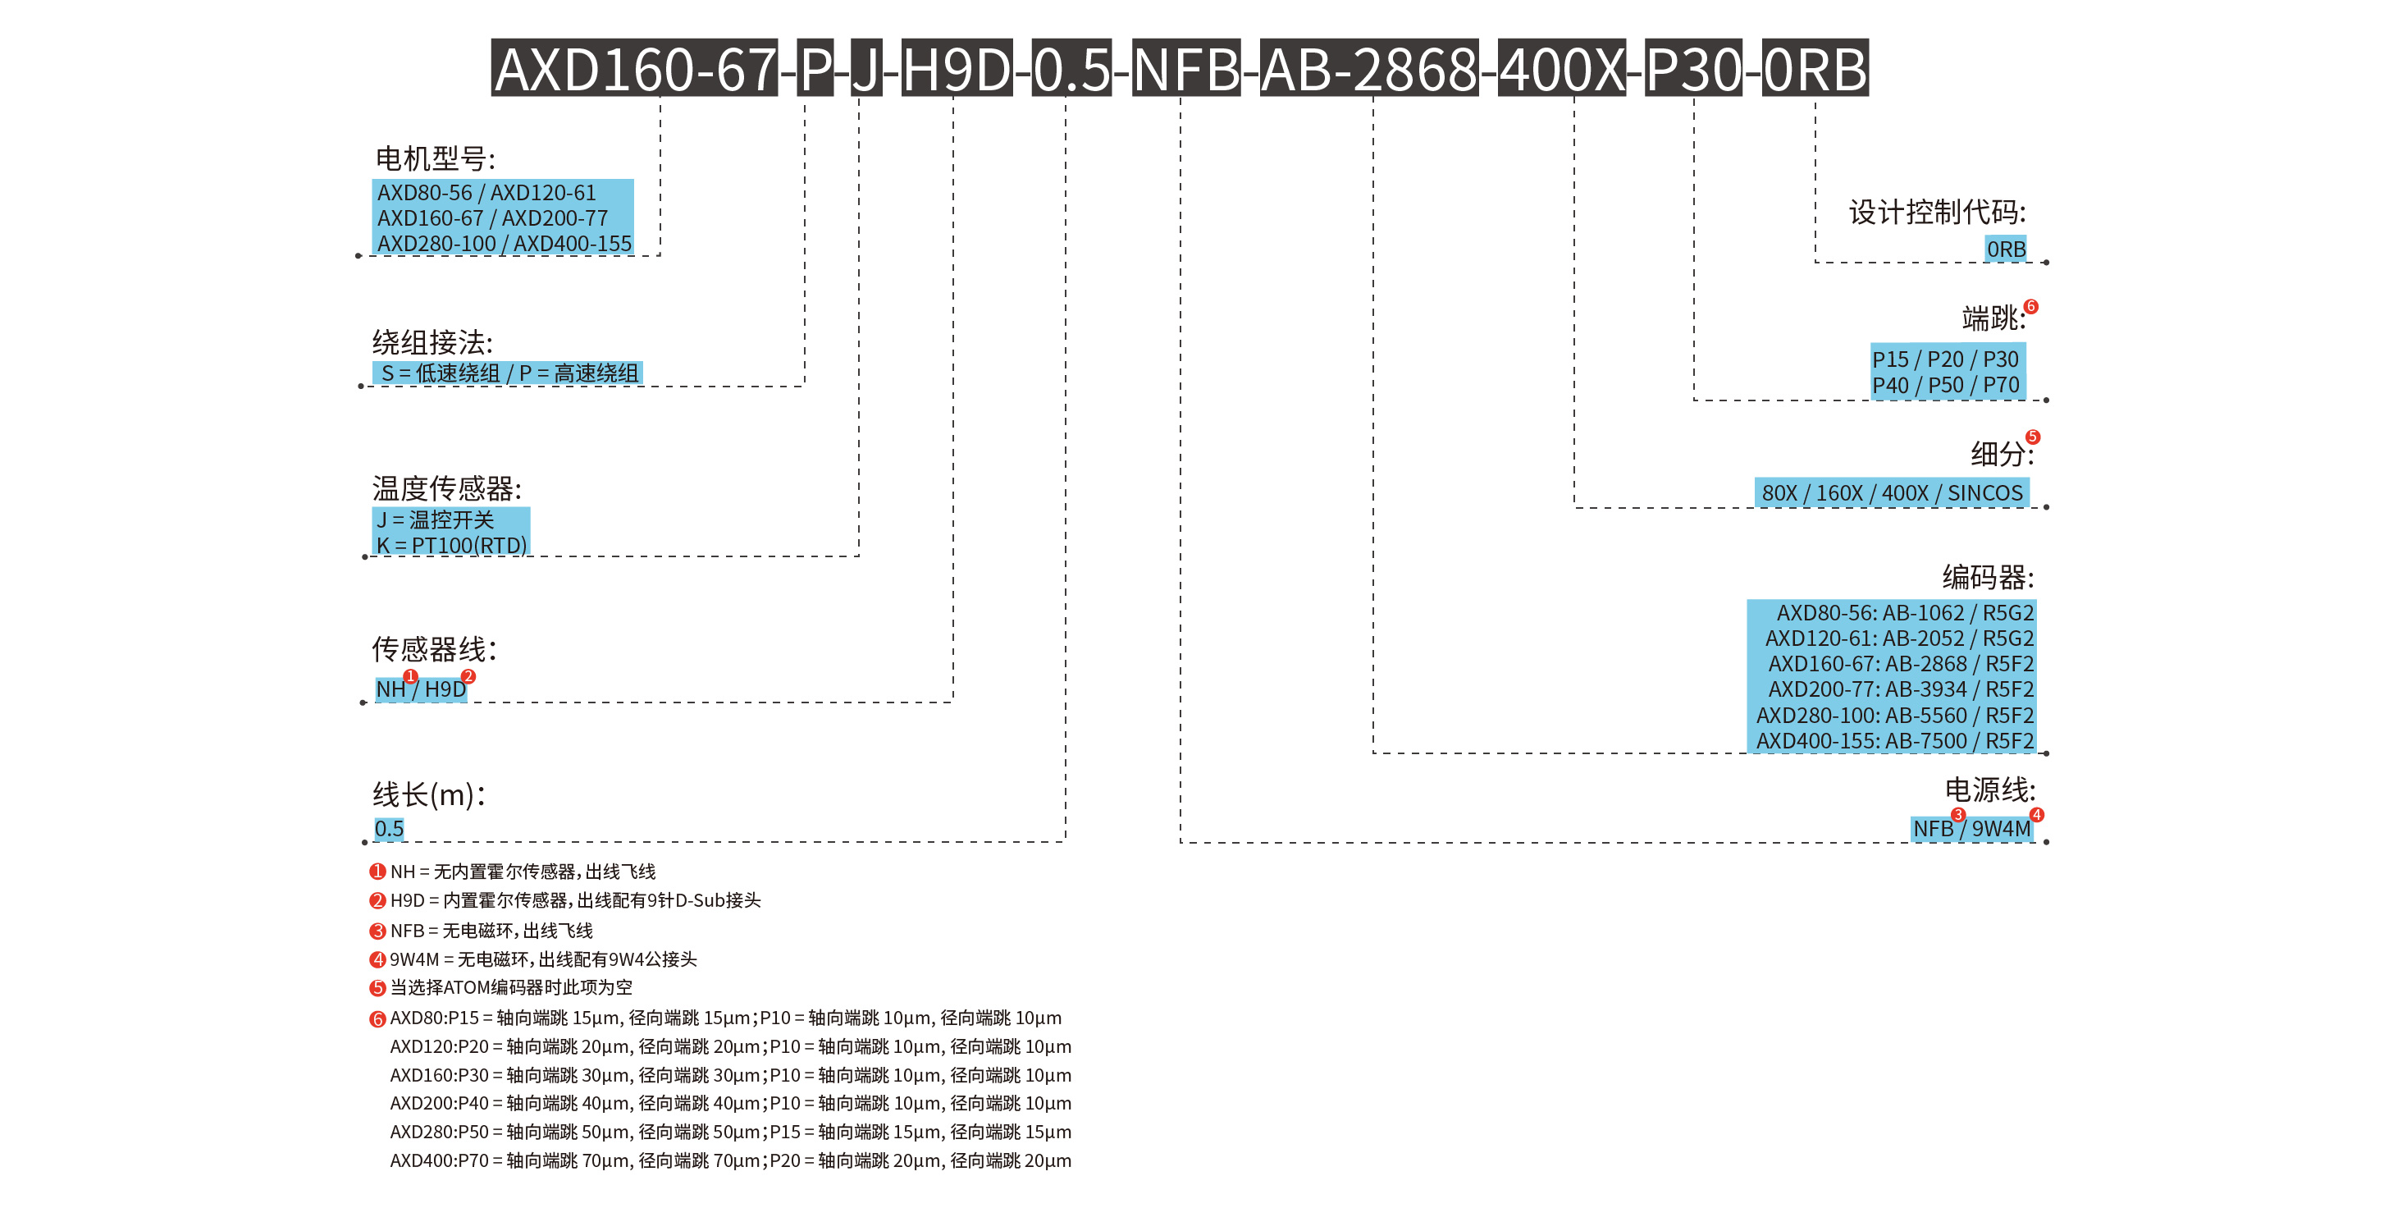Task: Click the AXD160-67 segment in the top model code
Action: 634,69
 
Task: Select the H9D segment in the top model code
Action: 956,69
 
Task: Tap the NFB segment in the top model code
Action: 1185,69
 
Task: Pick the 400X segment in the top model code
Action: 1562,69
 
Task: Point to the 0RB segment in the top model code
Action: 1815,69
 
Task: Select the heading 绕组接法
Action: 432,343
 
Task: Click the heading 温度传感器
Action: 447,487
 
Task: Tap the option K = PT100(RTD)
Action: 451,546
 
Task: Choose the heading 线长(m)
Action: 428,794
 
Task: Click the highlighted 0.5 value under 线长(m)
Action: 389,829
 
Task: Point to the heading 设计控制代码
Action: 1937,213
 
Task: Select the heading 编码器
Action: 1987,577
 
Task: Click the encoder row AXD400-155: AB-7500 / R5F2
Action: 1894,741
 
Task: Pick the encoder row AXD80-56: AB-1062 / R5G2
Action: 1904,613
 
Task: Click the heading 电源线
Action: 1989,789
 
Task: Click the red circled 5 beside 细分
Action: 2033,437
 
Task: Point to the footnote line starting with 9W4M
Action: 542,959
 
